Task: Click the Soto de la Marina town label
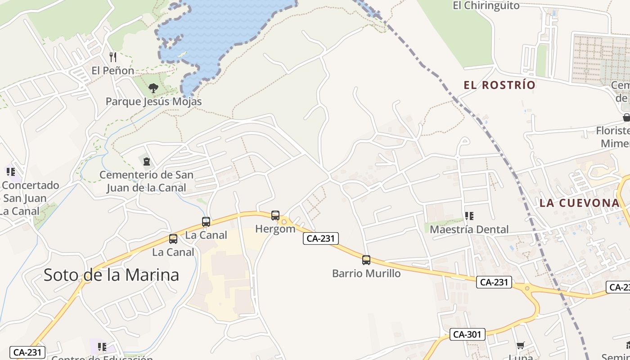coord(111,274)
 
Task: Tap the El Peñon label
coord(112,71)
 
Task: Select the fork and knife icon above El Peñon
coord(113,57)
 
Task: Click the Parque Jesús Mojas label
coord(153,102)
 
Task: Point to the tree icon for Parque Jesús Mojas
coord(153,88)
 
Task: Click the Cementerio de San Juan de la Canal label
coord(146,181)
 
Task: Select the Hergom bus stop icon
coord(275,216)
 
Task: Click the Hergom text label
coord(275,229)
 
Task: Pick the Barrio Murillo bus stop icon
coord(366,260)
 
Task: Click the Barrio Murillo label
coord(366,273)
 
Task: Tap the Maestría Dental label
coord(469,229)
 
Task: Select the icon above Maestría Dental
coord(469,216)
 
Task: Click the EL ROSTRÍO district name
coord(499,85)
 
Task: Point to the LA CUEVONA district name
coord(580,203)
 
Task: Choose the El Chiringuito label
coord(486,6)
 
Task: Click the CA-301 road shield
coord(468,334)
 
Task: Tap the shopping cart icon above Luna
coord(521,345)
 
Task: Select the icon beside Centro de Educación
coord(102,347)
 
